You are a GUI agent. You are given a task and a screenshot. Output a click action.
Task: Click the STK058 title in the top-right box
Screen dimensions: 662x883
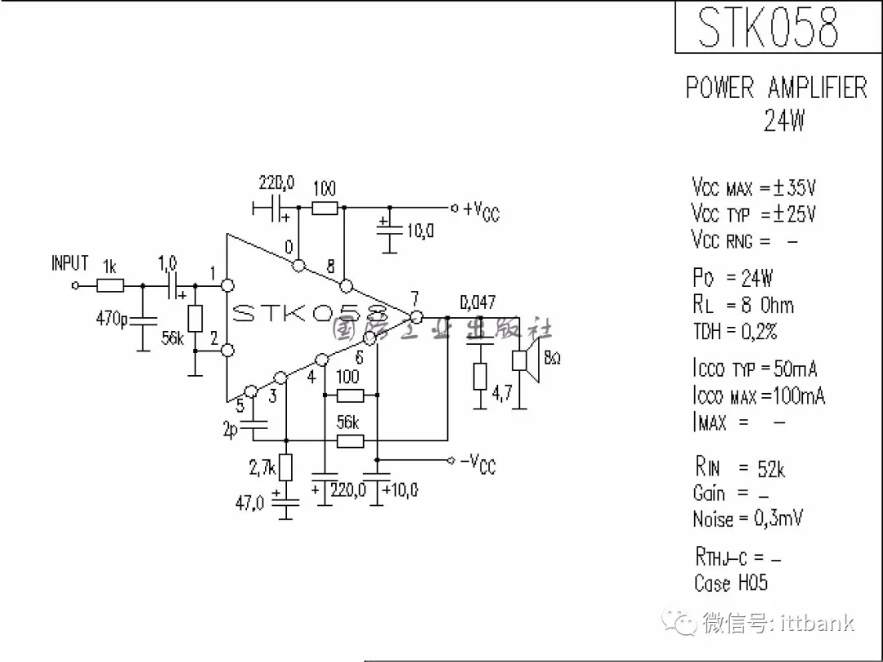[x=768, y=28]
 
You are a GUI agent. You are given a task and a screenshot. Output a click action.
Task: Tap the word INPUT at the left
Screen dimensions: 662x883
[x=69, y=263]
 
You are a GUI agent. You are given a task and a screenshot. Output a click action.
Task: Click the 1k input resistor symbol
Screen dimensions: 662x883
[x=110, y=285]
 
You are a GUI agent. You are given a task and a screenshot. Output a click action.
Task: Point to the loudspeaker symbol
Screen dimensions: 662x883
[x=523, y=360]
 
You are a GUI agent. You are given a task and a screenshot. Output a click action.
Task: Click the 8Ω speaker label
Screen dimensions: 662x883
[x=552, y=359]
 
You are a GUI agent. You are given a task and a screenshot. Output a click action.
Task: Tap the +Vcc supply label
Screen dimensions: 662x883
[x=481, y=210]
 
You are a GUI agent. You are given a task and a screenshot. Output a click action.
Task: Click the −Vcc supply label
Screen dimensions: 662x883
[x=478, y=463]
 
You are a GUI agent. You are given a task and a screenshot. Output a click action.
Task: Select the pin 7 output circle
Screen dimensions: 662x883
[x=416, y=316]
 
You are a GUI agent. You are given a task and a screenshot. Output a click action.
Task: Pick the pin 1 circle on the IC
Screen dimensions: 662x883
[x=228, y=285]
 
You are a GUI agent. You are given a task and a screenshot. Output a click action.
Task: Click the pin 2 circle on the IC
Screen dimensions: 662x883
[x=228, y=351]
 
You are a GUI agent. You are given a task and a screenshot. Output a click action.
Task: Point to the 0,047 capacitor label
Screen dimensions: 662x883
[x=477, y=303]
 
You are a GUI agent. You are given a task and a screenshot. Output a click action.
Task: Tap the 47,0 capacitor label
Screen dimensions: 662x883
[x=250, y=503]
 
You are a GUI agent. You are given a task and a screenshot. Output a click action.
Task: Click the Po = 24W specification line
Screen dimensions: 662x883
[x=733, y=278]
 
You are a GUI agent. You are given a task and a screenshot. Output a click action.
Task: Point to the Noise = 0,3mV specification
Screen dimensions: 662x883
[x=747, y=518]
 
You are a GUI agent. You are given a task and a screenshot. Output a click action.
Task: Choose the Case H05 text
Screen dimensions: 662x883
[x=730, y=583]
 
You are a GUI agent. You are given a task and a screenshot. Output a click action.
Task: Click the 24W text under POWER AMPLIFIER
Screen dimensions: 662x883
[x=783, y=121]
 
